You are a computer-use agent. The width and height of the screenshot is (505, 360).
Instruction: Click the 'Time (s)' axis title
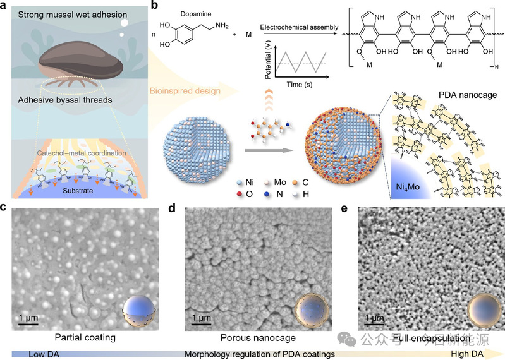pyautogui.click(x=291, y=83)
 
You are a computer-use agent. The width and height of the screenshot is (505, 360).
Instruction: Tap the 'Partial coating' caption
pyautogui.click(x=85, y=337)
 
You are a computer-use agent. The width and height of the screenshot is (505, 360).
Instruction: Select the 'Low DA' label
pyautogui.click(x=43, y=354)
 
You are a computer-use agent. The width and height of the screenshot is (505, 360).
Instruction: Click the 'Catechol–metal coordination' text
pyautogui.click(x=77, y=153)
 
